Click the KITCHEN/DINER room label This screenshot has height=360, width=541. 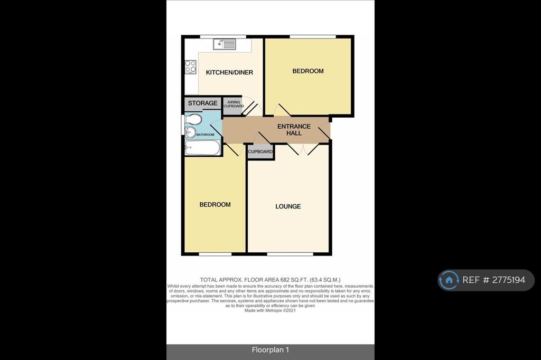tap(229, 72)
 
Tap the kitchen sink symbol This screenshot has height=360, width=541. tap(224, 44)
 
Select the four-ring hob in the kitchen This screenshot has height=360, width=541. tap(190, 67)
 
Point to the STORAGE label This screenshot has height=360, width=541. tap(202, 103)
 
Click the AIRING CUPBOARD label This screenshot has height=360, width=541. tap(234, 104)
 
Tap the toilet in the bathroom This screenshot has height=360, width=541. tap(193, 119)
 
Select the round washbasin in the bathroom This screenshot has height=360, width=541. tap(190, 132)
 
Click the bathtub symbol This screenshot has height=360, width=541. tap(202, 148)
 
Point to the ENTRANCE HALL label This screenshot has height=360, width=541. tap(294, 130)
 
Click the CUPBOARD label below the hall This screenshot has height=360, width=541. tap(260, 151)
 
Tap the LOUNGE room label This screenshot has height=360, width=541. tap(288, 206)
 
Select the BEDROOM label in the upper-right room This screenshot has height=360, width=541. tap(308, 71)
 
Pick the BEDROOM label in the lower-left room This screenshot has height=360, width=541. tap(215, 204)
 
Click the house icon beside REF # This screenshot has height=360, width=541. tap(449, 280)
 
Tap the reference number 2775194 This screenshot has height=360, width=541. tap(509, 280)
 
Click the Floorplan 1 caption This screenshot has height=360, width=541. tap(270, 350)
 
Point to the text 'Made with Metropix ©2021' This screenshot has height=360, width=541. tap(270, 310)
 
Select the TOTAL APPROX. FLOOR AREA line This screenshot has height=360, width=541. tap(270, 280)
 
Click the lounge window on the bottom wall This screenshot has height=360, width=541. tap(290, 254)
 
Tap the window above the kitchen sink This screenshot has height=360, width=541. tap(223, 36)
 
